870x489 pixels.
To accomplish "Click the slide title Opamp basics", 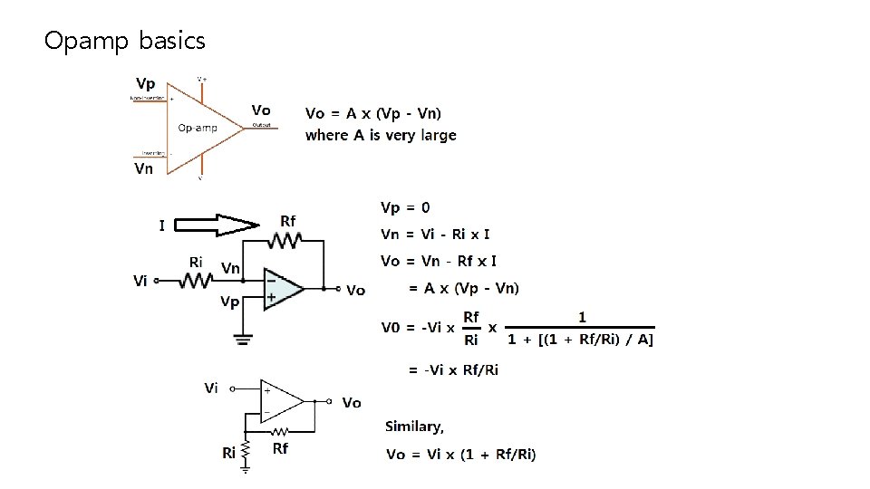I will point(125,41).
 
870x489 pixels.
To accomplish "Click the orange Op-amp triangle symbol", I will point(199,128).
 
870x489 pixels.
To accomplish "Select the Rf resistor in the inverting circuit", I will point(287,240).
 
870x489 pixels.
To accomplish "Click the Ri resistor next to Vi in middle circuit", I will point(195,282).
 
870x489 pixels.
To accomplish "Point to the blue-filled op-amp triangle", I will point(282,288).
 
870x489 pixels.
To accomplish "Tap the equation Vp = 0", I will point(405,207).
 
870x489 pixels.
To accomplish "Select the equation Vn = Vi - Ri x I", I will point(435,234).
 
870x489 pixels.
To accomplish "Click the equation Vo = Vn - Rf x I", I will point(438,261).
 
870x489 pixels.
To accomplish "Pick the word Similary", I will point(414,427).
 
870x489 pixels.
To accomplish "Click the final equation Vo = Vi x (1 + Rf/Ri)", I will point(460,454).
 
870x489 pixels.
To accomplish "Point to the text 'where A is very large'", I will point(381,135).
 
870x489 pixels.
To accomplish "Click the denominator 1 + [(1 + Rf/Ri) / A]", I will point(580,340).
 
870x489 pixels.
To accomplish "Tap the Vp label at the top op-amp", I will point(146,83).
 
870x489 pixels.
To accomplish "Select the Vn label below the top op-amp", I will point(144,168).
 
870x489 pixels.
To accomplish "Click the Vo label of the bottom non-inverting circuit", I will point(352,402).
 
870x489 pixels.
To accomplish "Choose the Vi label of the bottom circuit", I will point(211,388).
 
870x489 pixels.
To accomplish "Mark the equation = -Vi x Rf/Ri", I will point(453,369).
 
